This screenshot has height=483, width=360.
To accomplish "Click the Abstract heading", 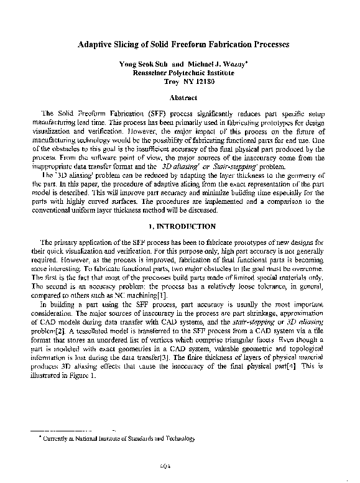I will pos(183,98).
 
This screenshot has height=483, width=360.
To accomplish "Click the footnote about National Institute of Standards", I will pos(116,438).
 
